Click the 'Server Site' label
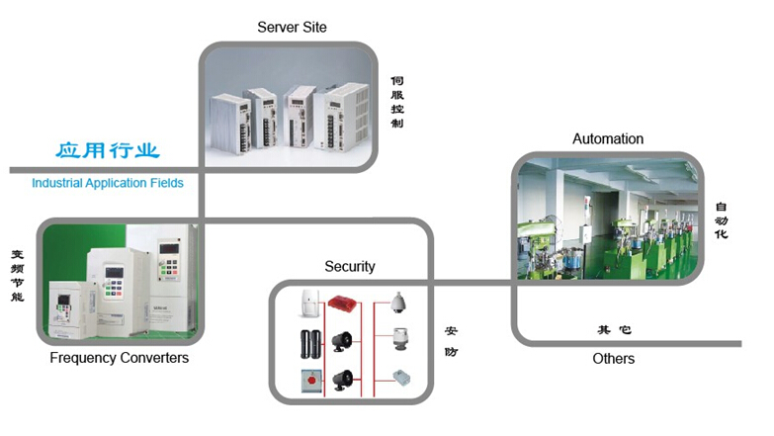point(292,27)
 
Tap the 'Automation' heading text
point(608,139)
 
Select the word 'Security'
point(350,266)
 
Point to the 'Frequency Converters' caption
point(119,357)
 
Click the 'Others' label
point(614,358)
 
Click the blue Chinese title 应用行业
point(107,151)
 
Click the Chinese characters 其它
point(614,330)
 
